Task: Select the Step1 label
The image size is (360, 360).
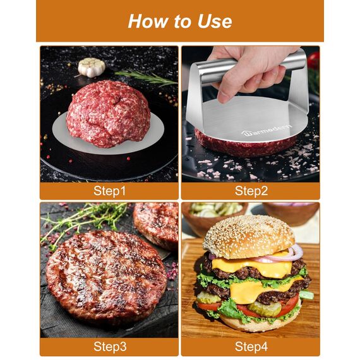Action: (x=110, y=190)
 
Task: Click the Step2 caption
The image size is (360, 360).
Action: (x=251, y=190)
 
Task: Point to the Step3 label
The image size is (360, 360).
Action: (x=110, y=345)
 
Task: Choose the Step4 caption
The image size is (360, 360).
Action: (x=251, y=345)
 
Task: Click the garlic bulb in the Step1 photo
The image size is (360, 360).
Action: (x=91, y=66)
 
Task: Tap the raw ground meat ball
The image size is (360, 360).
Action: (x=108, y=114)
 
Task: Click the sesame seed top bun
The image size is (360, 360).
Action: (x=249, y=236)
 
